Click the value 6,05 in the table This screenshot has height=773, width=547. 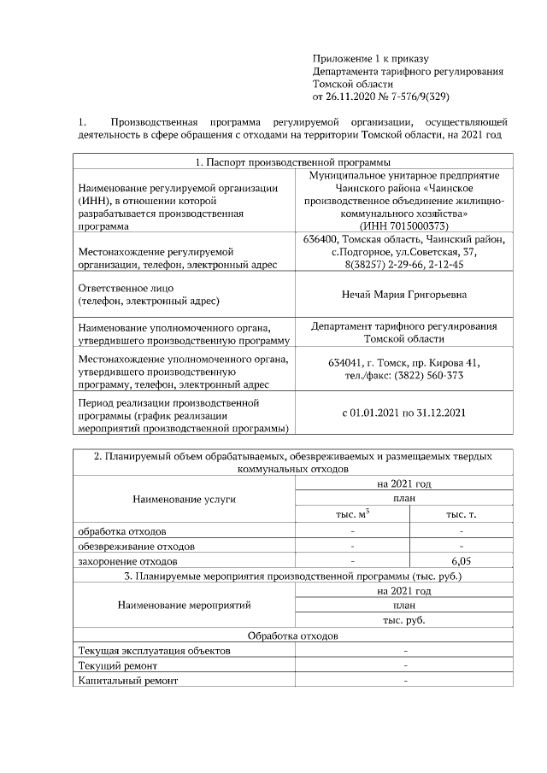pyautogui.click(x=461, y=561)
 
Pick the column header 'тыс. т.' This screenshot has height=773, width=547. pyautogui.click(x=461, y=513)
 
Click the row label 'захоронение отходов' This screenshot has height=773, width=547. pyautogui.click(x=127, y=562)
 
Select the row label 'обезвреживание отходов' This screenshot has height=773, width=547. pyautogui.click(x=136, y=546)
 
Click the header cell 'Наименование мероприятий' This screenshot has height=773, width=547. pyautogui.click(x=184, y=605)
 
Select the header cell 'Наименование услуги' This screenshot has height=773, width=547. pyautogui.click(x=184, y=498)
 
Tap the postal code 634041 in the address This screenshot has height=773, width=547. pyautogui.click(x=346, y=362)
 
